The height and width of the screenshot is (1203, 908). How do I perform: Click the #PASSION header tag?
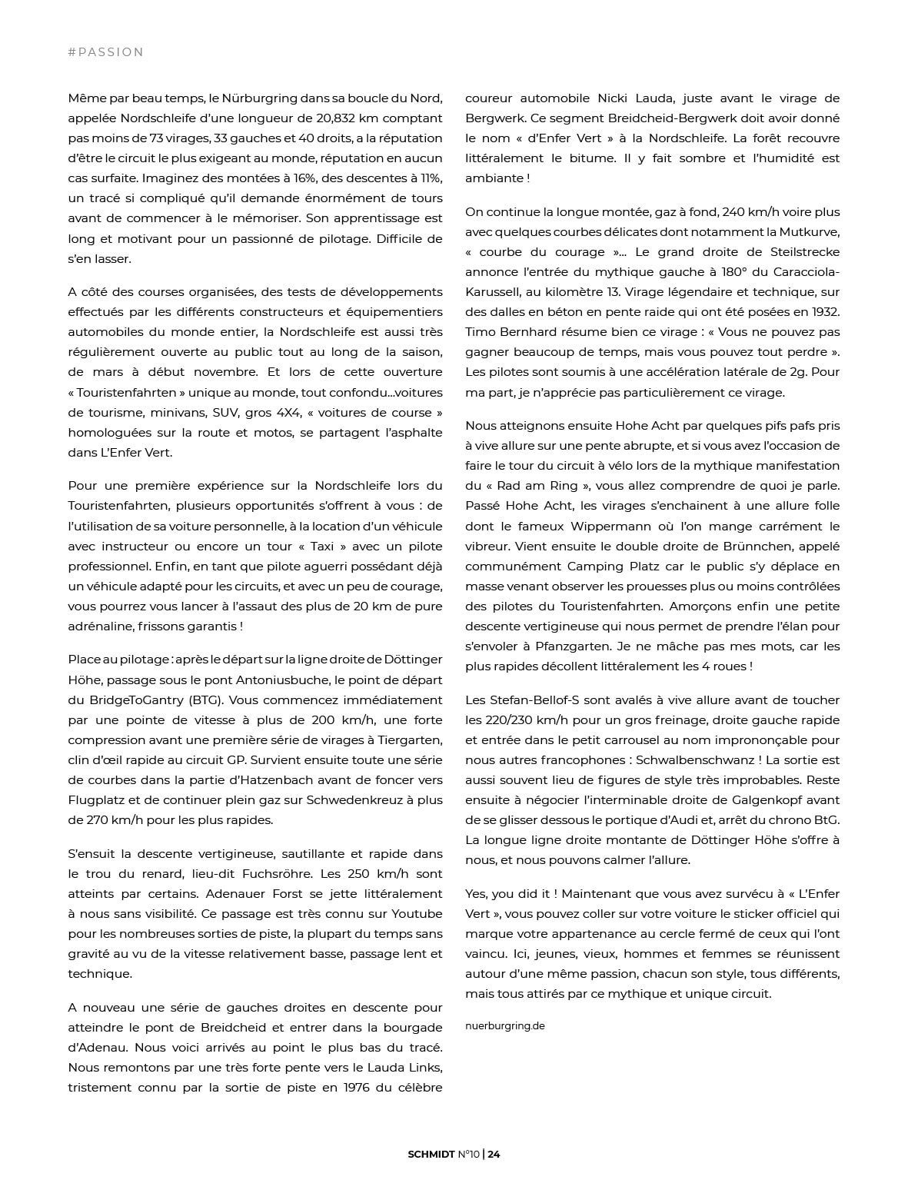click(106, 52)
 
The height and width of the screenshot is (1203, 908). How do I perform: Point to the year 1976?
click(358, 1088)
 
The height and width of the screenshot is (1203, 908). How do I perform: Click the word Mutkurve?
click(809, 232)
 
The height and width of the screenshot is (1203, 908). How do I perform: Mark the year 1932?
click(822, 312)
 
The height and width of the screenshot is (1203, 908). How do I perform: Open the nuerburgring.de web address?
click(505, 1026)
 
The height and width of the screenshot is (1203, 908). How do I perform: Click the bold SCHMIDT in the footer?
click(431, 1154)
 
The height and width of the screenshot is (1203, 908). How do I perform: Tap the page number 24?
click(494, 1154)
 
